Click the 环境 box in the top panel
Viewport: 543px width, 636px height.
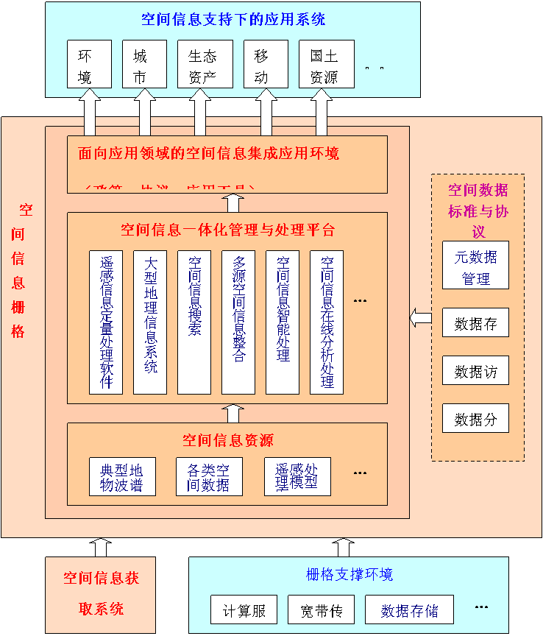point(89,64)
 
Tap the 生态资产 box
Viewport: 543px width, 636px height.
point(204,64)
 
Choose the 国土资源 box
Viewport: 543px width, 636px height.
point(326,64)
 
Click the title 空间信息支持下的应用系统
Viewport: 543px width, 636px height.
point(233,19)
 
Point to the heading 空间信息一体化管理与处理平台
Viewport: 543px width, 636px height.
point(227,230)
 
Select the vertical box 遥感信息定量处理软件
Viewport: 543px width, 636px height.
point(106,322)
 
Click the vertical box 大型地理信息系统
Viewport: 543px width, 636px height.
point(150,322)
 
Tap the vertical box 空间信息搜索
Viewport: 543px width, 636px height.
point(194,322)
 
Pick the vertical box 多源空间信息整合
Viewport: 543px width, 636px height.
point(238,322)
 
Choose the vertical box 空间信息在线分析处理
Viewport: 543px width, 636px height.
point(327,322)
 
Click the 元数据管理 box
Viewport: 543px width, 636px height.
point(475,265)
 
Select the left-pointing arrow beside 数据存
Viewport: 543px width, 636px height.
point(420,318)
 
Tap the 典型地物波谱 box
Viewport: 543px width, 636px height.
point(121,477)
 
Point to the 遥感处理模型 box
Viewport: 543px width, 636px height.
point(297,477)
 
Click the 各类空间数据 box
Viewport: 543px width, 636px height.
point(209,477)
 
